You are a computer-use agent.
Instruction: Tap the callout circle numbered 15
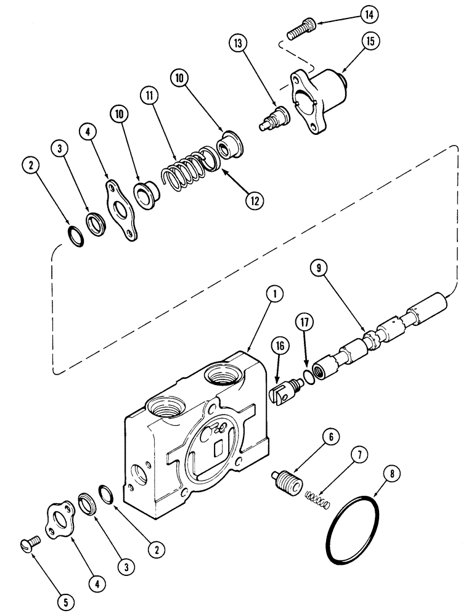tap(370, 41)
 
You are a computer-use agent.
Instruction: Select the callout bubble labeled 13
tap(239, 45)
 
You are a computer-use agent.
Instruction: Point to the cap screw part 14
tap(301, 28)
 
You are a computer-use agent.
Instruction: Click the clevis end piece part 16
tap(285, 392)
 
